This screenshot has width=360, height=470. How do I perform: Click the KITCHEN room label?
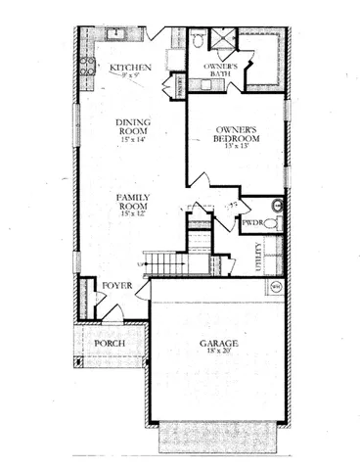coord(129,67)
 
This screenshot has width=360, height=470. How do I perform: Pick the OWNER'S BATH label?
coord(221,70)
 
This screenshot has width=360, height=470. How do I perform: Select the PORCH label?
coord(109,344)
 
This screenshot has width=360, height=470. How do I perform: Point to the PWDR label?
coord(253,224)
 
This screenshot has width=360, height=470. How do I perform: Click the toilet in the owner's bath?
coord(198,41)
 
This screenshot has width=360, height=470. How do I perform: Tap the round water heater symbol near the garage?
coord(275,286)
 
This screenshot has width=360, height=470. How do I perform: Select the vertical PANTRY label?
coord(180,85)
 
